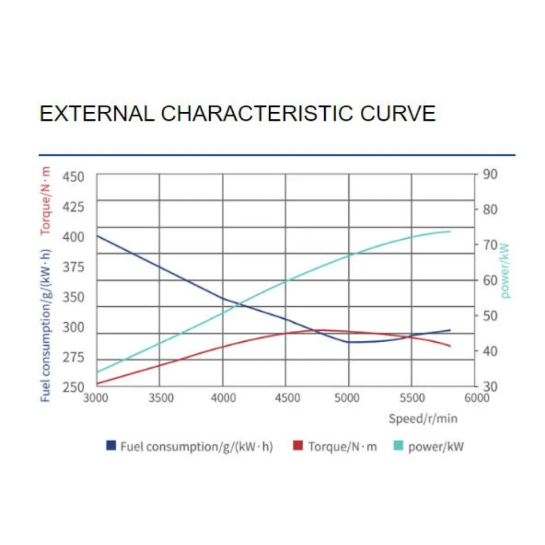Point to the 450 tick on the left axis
(74, 177)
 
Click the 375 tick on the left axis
(74, 267)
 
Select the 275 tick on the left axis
(74, 358)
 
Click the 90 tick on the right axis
(490, 174)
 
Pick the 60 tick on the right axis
(490, 280)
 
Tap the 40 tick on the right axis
(490, 351)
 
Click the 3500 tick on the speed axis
(160, 398)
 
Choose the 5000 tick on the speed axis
(347, 398)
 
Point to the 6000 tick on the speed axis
(476, 398)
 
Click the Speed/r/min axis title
(423, 419)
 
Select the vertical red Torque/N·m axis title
(46, 201)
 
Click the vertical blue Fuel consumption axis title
(46, 325)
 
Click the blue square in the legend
(111, 446)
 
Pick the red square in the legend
(298, 446)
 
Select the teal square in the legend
(398, 446)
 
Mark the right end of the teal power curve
(450, 231)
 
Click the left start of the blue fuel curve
(97, 235)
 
